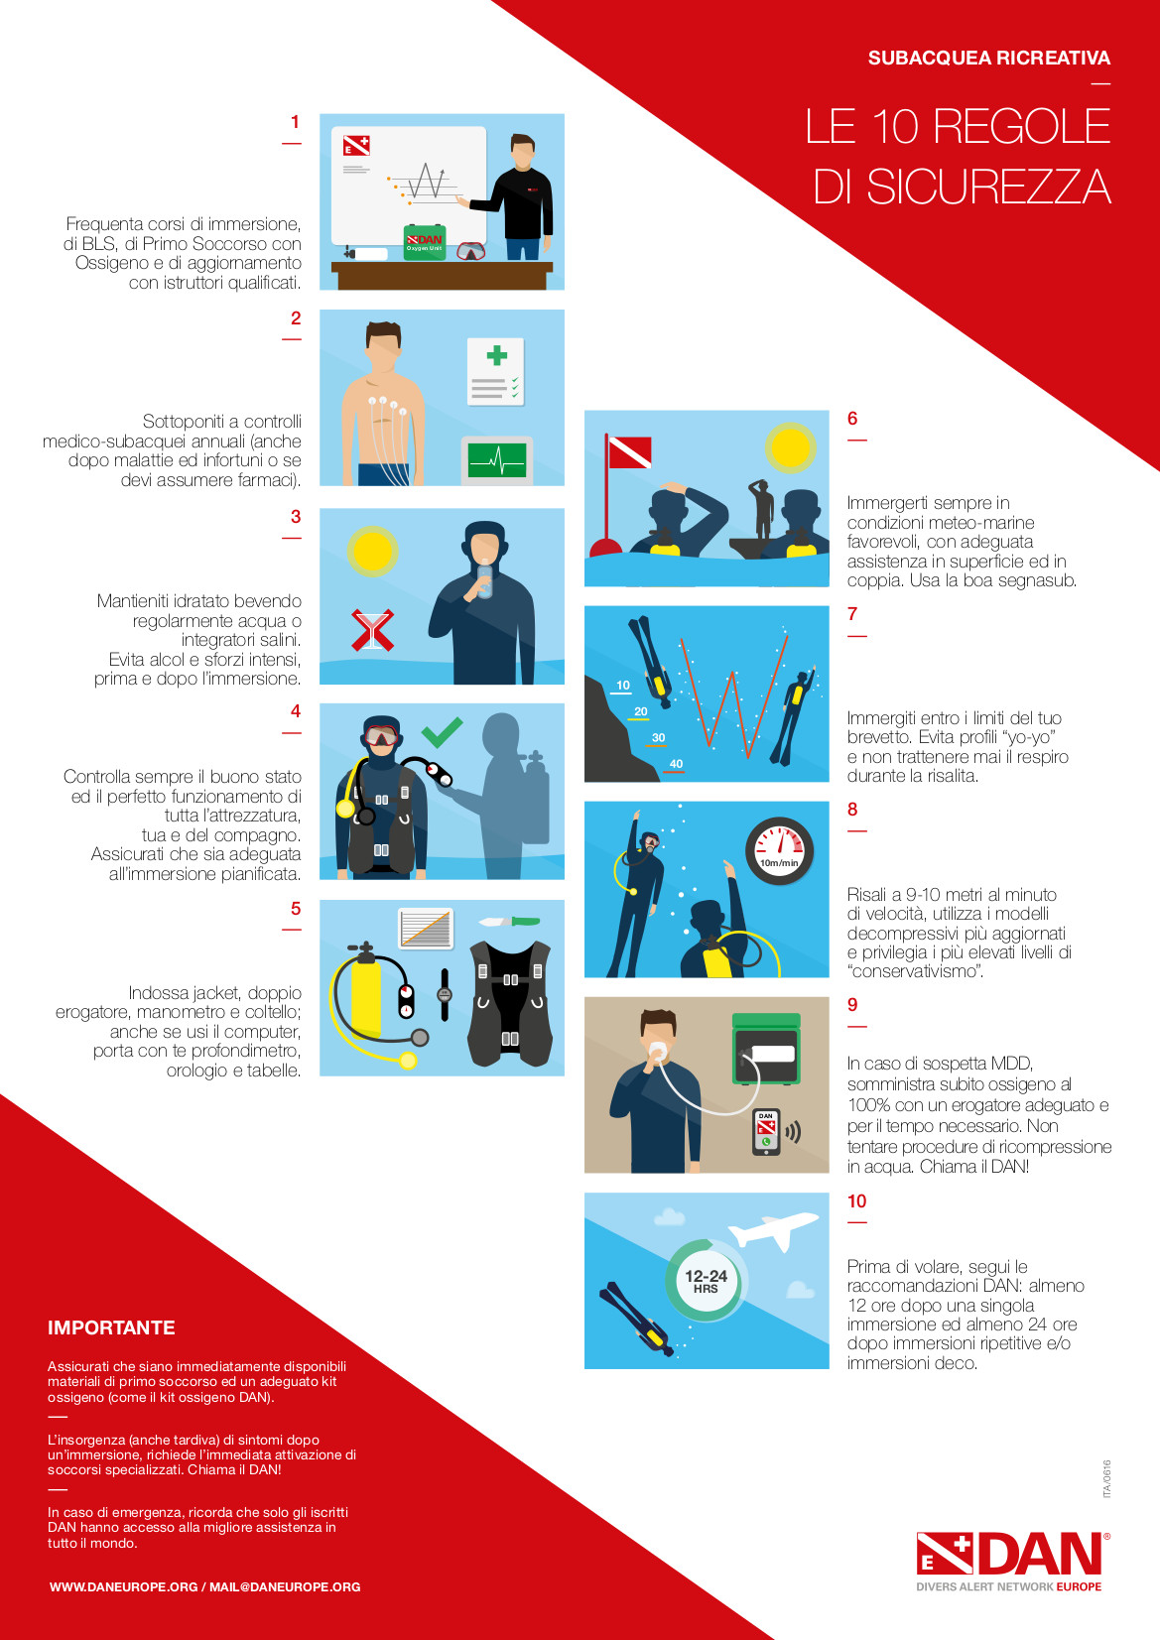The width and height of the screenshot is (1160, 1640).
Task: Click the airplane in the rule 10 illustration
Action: click(773, 1229)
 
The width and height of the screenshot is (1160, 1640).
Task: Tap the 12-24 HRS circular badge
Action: click(706, 1281)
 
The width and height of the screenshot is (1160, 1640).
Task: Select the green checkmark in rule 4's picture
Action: click(442, 731)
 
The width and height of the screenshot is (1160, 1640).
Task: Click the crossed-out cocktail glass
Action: click(373, 630)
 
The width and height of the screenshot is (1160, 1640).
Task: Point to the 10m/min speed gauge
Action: click(779, 850)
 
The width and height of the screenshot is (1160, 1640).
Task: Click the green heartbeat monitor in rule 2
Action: click(497, 460)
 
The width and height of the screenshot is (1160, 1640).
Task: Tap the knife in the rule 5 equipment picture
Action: click(509, 921)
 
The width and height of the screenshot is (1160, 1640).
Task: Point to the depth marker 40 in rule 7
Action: click(676, 764)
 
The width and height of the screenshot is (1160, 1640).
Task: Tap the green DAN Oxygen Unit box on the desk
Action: click(425, 242)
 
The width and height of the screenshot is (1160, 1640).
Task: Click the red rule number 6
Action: click(852, 418)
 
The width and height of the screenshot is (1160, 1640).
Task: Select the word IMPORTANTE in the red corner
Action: click(111, 1327)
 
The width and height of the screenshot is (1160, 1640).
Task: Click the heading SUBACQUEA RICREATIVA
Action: click(988, 58)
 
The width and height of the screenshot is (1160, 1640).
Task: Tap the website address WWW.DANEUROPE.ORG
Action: click(124, 1586)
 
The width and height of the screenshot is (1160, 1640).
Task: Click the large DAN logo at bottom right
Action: click(1013, 1561)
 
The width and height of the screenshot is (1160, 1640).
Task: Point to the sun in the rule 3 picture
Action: click(373, 552)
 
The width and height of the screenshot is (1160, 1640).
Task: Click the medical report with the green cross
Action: click(496, 371)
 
